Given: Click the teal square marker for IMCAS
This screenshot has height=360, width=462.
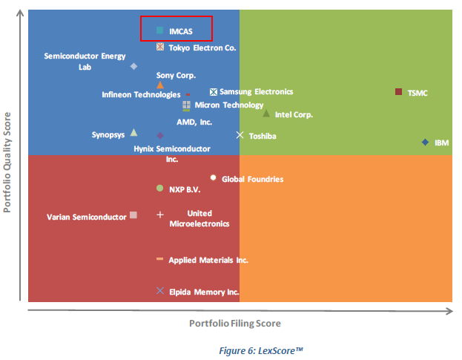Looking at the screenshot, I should [x=159, y=30].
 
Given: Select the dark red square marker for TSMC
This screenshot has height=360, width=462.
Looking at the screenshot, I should [x=399, y=92].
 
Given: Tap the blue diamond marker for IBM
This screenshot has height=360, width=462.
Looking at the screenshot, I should [x=425, y=142].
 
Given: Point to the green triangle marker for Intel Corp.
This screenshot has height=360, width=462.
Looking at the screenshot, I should [x=266, y=114].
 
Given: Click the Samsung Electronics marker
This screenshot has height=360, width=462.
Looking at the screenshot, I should [x=214, y=92].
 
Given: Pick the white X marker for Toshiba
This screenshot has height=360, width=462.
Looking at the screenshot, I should [x=240, y=135].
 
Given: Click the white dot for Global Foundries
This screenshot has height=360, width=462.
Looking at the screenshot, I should [x=214, y=177].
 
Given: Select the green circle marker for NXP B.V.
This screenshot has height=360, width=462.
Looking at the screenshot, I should [x=159, y=189].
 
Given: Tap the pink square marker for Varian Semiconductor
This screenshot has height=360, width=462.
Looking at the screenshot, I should [x=133, y=215].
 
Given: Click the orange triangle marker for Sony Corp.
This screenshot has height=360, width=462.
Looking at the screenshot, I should [x=160, y=85].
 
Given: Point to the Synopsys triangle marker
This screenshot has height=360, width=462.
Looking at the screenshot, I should [x=133, y=133].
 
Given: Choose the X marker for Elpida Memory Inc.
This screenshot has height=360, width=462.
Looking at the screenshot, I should [x=159, y=291].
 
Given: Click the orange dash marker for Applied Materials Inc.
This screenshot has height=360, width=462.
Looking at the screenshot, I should [x=159, y=259].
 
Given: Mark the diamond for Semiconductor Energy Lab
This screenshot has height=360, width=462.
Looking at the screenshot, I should [x=133, y=66].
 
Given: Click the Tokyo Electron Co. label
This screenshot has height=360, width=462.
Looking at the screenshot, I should [x=202, y=48].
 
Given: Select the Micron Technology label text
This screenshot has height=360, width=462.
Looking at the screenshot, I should [x=229, y=105].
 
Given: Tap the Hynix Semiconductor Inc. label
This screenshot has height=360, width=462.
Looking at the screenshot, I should [x=172, y=154].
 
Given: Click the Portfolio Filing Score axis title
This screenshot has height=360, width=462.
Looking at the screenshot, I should [x=235, y=324].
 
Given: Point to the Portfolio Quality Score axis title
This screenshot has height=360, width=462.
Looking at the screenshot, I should [x=9, y=162].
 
